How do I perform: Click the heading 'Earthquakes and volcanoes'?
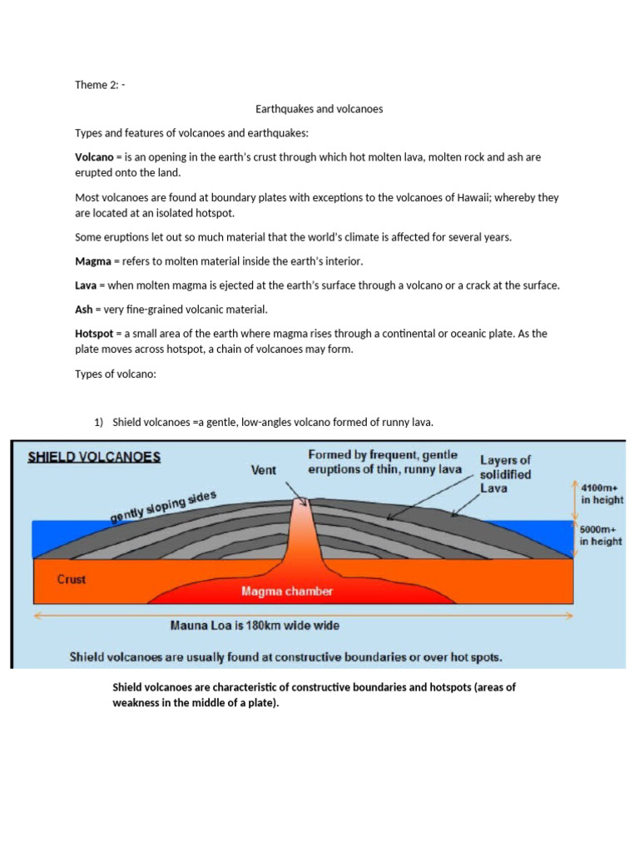click(319, 109)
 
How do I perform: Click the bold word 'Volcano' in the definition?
click(93, 156)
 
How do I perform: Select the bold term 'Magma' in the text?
click(92, 261)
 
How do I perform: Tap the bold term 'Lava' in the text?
click(87, 285)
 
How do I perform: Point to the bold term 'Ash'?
click(84, 310)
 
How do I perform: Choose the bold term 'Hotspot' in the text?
click(94, 334)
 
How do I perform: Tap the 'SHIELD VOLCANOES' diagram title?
click(95, 457)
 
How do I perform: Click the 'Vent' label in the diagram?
click(264, 469)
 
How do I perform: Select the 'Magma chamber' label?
click(287, 592)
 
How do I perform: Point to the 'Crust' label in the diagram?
click(72, 579)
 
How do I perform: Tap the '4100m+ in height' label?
click(601, 493)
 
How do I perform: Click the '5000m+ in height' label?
click(601, 534)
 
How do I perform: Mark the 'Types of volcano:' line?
click(115, 374)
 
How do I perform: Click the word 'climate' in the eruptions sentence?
click(368, 237)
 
